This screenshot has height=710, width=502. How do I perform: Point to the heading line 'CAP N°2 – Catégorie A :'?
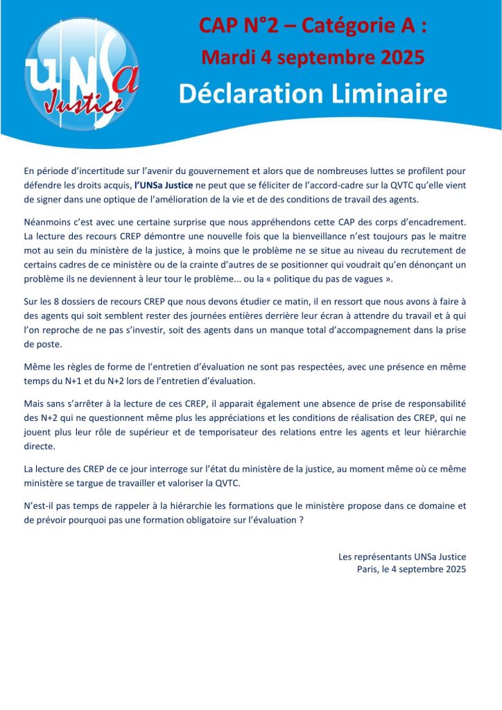pos(313,26)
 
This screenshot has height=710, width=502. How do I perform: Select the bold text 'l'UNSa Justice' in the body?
pos(164,184)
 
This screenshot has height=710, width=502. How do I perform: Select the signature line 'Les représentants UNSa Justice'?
pos(402,557)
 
